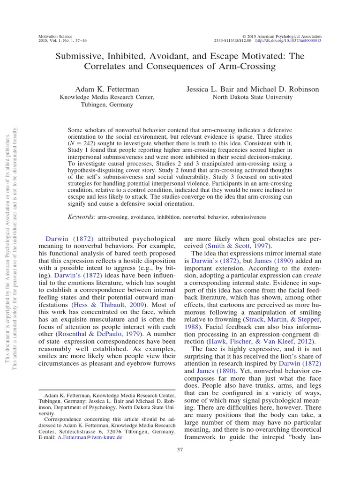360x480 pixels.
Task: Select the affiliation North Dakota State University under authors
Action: [x=253, y=97]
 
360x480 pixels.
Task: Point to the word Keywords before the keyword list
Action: [x=82, y=217]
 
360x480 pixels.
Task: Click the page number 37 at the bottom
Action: [x=180, y=450]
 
